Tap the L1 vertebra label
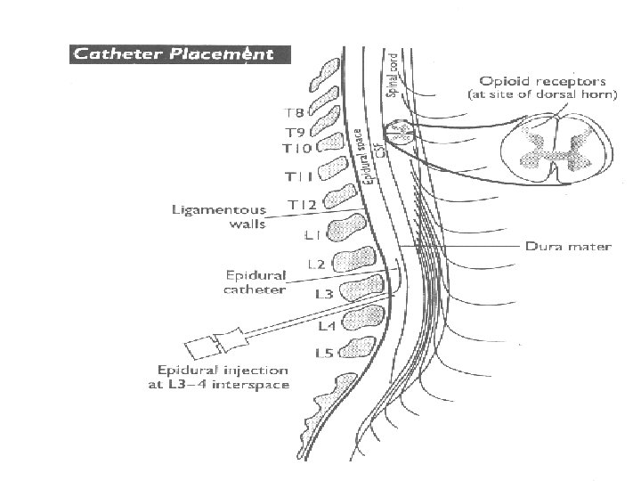(x=311, y=235)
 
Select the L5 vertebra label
(x=324, y=354)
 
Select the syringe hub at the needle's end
(x=215, y=342)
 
